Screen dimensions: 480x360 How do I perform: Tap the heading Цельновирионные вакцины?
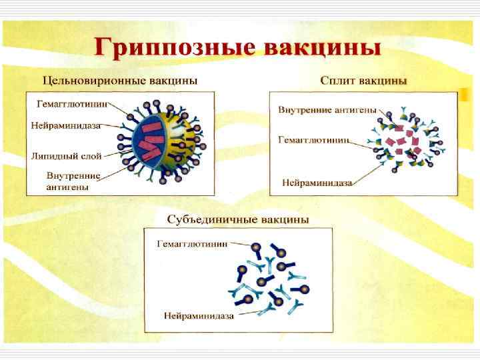120,81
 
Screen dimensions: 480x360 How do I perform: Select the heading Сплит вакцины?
363,81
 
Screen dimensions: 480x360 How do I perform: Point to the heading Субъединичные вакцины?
237,219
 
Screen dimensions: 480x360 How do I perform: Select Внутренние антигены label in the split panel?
327,109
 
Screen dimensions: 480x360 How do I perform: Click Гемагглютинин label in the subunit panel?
192,244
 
